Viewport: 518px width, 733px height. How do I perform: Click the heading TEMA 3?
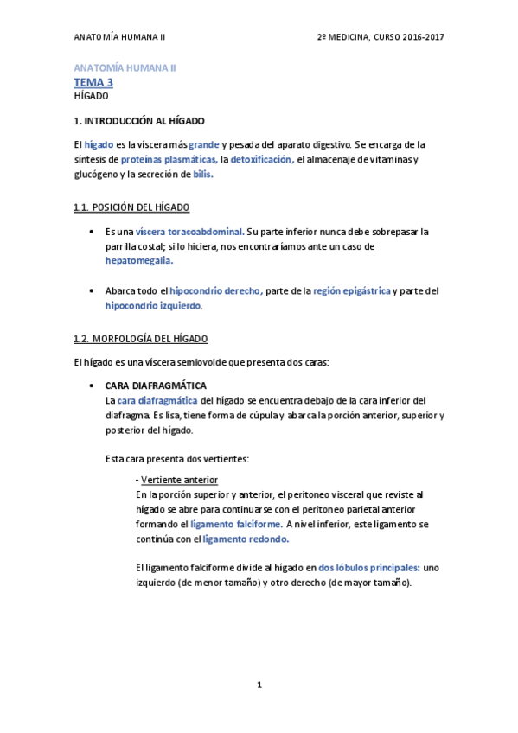(x=93, y=82)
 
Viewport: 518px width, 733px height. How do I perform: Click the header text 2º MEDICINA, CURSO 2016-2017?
(x=381, y=37)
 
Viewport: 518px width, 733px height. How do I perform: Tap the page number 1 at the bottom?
(x=259, y=685)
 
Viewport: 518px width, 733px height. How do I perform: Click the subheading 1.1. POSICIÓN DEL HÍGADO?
(x=132, y=207)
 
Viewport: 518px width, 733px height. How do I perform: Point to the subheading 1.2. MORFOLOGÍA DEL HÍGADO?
(x=141, y=338)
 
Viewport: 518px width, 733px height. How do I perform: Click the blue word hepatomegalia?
(x=139, y=259)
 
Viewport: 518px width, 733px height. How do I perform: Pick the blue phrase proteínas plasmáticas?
(x=169, y=160)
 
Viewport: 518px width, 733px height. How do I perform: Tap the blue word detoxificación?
(x=262, y=160)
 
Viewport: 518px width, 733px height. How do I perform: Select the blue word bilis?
(x=203, y=174)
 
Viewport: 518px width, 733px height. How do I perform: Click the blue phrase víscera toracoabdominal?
(x=190, y=232)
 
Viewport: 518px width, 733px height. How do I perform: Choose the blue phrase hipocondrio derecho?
(x=216, y=291)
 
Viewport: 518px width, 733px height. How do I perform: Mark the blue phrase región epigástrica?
(x=351, y=291)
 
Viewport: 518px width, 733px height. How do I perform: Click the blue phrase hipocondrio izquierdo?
(x=153, y=305)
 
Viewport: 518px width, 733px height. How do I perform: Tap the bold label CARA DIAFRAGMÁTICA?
(x=156, y=385)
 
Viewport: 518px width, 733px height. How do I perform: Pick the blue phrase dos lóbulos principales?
(x=369, y=568)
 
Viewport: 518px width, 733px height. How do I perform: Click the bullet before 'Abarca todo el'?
(x=92, y=291)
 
